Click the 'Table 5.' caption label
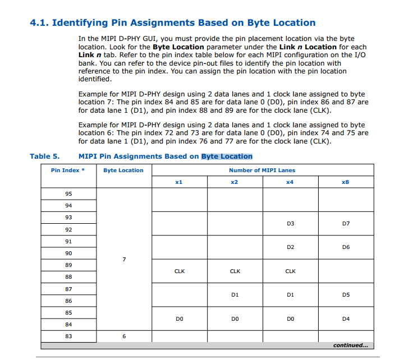(44, 156)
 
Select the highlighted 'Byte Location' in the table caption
(227, 156)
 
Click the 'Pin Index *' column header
(68, 170)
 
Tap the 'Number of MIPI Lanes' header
(261, 170)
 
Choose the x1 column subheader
(179, 182)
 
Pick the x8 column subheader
(346, 182)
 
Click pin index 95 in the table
(68, 193)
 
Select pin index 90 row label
(68, 253)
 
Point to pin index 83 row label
(68, 336)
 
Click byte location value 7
(124, 259)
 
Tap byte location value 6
(124, 336)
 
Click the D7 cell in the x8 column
(346, 223)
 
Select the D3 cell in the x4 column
(290, 223)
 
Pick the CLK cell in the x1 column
(180, 271)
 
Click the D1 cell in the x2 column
(235, 295)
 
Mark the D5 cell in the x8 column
(346, 295)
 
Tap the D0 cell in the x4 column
(290, 319)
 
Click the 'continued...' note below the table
(350, 345)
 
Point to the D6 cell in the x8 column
(346, 247)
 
